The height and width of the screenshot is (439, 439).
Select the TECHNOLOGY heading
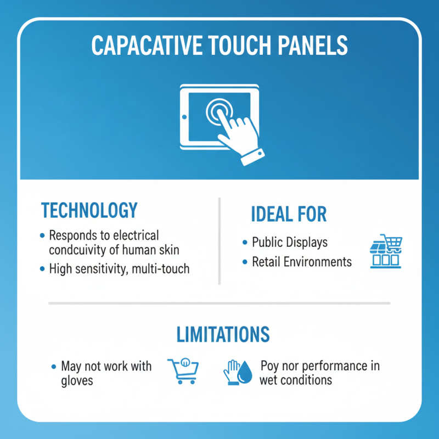point(89,210)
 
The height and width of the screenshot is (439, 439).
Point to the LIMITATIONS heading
point(222,334)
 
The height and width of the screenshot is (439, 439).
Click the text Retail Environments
point(302,262)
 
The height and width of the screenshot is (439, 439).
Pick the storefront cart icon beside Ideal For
point(386,251)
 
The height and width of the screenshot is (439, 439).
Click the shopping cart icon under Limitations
point(183,371)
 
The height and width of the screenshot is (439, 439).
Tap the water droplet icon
point(245,372)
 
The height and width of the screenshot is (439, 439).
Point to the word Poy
point(271,365)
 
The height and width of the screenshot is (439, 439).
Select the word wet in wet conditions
point(270,380)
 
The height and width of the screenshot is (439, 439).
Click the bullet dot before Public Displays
point(245,243)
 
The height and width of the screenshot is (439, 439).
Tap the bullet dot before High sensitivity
point(42,269)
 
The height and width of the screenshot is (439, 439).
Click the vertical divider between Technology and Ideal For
point(219,241)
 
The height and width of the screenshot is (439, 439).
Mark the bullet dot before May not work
point(53,366)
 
